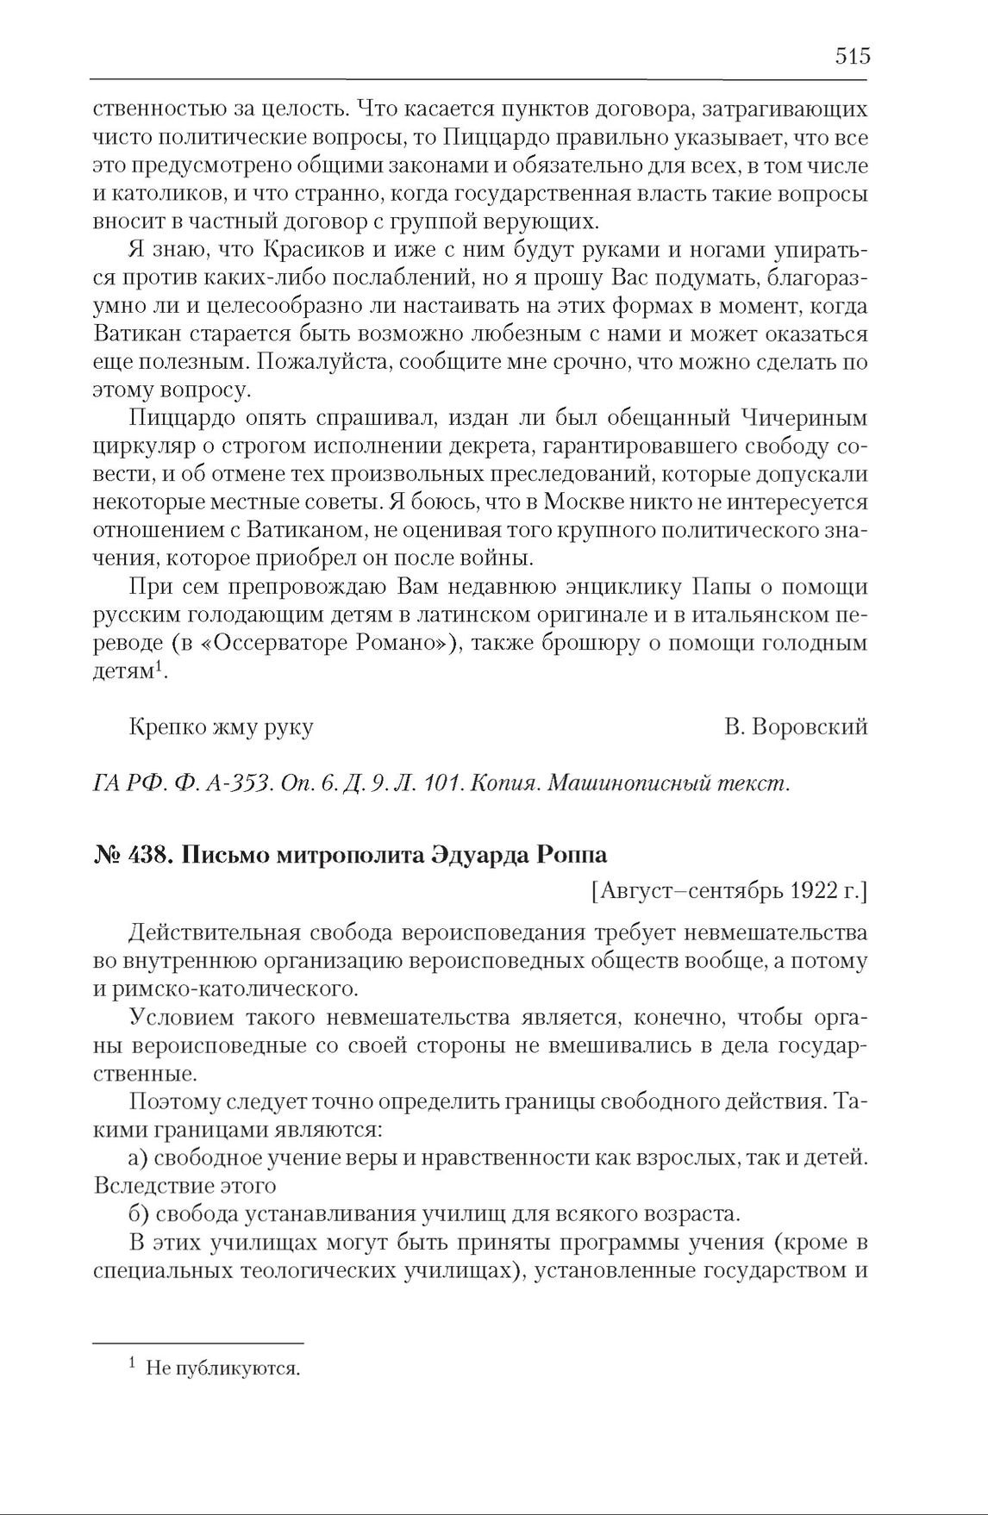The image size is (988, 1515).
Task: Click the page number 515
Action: point(853,57)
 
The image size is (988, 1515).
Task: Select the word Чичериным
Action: point(804,418)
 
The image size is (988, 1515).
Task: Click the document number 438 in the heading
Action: point(148,855)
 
